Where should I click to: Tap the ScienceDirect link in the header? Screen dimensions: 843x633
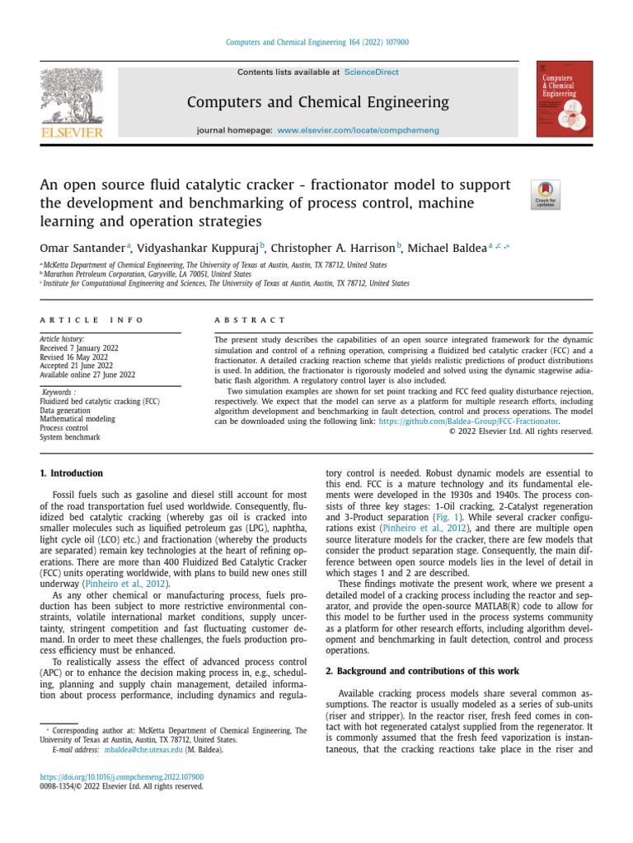371,72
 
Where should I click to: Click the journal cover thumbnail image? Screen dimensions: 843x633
564,99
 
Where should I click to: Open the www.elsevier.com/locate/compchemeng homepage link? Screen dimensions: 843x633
358,131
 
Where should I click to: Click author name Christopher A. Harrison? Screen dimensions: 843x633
332,247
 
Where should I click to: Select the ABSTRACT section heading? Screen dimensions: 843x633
250,319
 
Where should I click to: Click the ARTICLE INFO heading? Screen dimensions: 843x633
91,319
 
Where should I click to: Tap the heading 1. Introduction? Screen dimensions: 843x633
72,473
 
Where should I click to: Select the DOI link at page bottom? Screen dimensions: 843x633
122,776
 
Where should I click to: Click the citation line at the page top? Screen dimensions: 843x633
317,43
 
